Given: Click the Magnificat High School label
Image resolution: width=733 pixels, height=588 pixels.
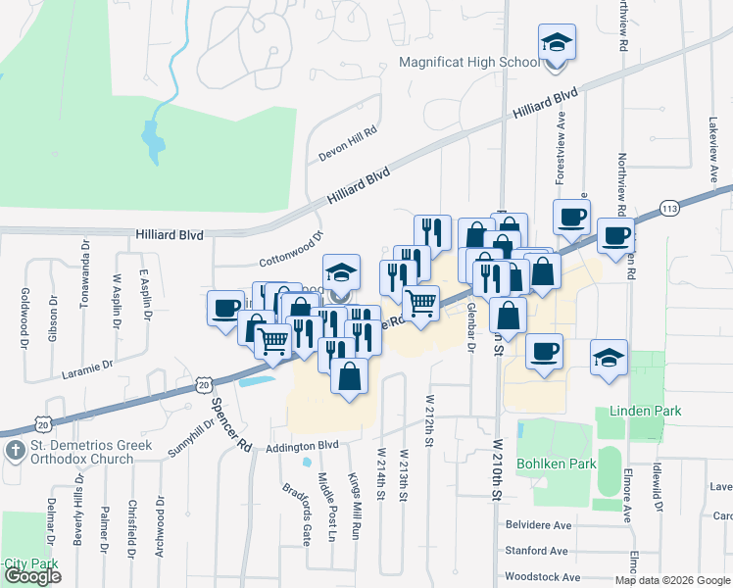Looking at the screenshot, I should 469,63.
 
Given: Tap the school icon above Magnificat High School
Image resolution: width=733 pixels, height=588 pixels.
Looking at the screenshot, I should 556,43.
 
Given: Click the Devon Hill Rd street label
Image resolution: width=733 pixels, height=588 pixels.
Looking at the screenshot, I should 348,145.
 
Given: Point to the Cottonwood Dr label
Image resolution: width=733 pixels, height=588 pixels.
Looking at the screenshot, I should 291,249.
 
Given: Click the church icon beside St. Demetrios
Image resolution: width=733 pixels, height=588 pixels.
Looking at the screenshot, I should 15,451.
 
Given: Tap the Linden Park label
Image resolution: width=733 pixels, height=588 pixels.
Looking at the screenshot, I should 644,411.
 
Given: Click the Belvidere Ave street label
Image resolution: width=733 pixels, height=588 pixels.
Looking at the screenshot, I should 537,525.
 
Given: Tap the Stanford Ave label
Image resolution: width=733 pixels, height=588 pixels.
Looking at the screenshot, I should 537,551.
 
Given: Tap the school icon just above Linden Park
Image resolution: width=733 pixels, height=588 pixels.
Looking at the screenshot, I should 609,359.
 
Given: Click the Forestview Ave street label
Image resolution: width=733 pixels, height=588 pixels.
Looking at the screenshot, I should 562,148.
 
